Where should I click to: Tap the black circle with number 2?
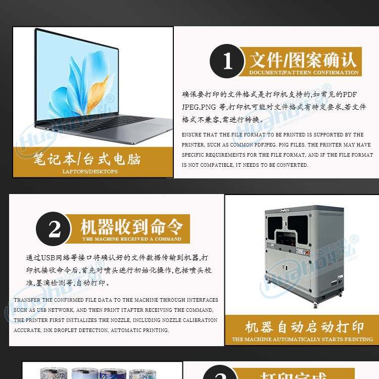pyautogui.click(x=54, y=229)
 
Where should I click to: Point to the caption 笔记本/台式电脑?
pyautogui.click(x=87, y=160)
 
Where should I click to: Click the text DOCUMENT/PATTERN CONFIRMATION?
pyautogui.click(x=304, y=72)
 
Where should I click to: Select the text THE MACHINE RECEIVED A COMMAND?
pyautogui.click(x=131, y=239)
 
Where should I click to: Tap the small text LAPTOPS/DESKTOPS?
pyautogui.click(x=90, y=171)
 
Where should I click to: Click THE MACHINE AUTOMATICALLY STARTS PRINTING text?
pyautogui.click(x=302, y=339)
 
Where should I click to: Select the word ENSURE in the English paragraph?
pyautogui.click(x=193, y=135)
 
